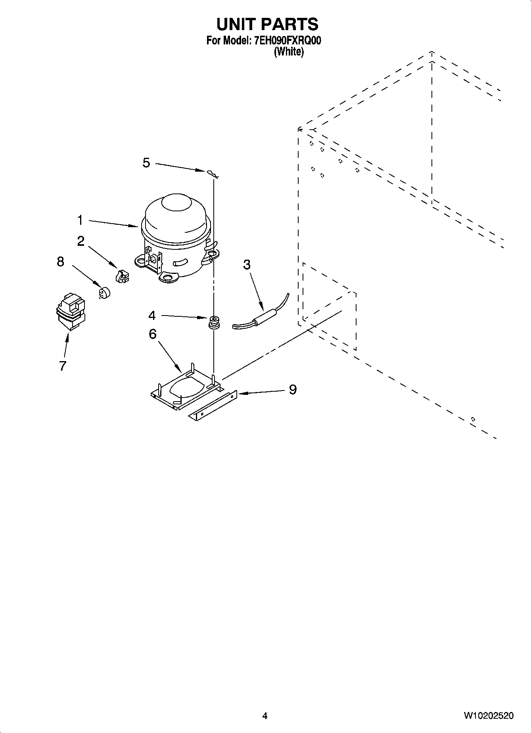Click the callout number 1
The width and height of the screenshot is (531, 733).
click(x=80, y=220)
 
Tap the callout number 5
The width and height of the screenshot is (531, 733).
click(x=146, y=163)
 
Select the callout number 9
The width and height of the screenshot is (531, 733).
click(x=293, y=390)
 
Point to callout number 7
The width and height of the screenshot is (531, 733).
click(x=62, y=366)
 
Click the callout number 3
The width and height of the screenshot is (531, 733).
click(x=247, y=265)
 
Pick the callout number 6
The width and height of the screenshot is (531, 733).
click(x=153, y=334)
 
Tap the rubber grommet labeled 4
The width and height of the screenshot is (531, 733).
click(x=215, y=322)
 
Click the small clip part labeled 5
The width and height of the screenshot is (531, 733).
click(x=211, y=172)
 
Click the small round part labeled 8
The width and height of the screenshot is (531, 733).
click(x=104, y=293)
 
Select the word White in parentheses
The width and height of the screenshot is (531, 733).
click(x=289, y=52)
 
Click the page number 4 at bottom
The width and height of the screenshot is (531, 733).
click(x=265, y=716)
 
